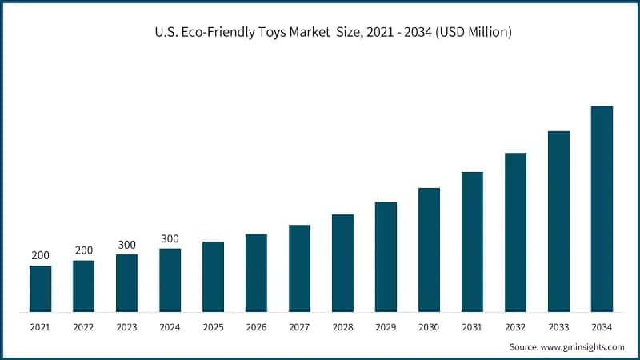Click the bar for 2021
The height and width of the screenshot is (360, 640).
point(40,289)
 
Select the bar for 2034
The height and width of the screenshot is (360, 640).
point(602,209)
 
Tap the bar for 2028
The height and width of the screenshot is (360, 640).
point(342,263)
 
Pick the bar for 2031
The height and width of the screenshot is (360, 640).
point(472,242)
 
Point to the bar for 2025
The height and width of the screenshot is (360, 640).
point(213,277)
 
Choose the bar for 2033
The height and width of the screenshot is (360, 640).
point(558,222)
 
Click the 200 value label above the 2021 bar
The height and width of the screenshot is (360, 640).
point(40,256)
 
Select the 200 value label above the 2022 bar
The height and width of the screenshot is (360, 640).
point(83,250)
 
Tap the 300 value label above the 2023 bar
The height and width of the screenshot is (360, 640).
point(126,245)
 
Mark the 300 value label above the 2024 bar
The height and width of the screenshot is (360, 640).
point(170,238)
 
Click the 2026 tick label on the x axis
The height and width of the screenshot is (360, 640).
point(256,328)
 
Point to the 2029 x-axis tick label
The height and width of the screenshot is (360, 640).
point(386,328)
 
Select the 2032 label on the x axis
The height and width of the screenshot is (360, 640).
point(515,328)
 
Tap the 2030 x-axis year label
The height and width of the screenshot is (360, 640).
point(429,328)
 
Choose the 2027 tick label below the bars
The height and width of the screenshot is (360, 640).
point(299,328)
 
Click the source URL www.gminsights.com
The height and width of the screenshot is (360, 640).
point(583,347)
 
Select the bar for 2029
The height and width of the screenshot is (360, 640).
point(386,257)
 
